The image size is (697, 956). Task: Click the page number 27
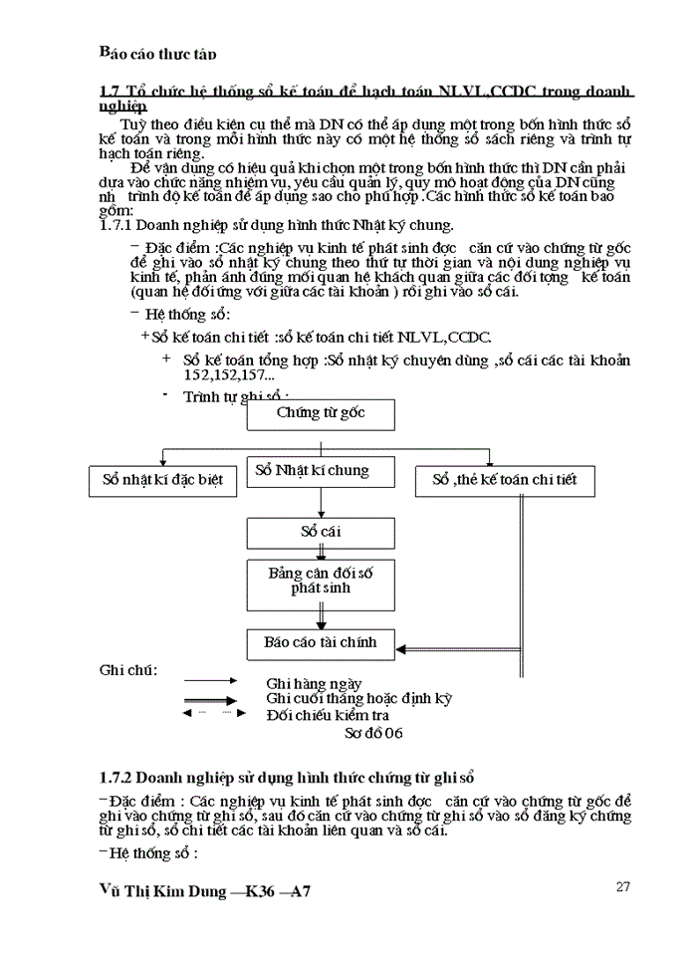(x=624, y=887)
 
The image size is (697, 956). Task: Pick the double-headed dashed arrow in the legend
(x=209, y=714)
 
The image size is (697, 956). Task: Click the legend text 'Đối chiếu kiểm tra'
(x=328, y=715)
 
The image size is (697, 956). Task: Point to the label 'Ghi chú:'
(x=127, y=669)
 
